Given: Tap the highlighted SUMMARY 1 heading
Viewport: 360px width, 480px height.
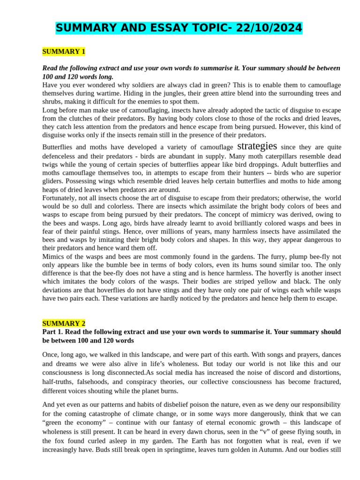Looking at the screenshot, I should (64, 51).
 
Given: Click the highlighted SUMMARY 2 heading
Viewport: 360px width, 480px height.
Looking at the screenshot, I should (64, 323).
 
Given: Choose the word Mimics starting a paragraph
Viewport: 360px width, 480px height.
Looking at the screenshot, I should (53, 257).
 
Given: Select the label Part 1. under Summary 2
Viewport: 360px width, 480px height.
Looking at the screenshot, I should (53, 332).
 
